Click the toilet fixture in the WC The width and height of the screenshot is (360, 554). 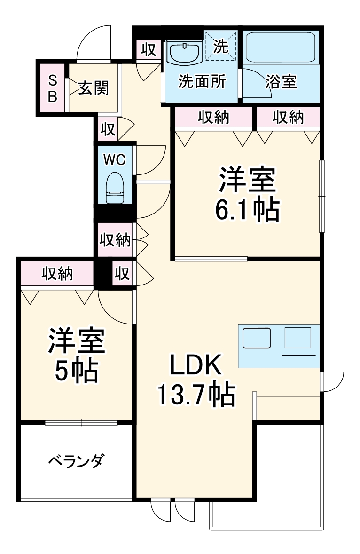coord(115,187)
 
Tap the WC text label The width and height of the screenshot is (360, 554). coord(115,160)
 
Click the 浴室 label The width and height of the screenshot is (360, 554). coord(281,82)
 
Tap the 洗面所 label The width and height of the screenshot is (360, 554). coord(202,82)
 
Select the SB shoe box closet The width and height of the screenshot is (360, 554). coord(53,88)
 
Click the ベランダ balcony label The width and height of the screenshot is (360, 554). coord(75,461)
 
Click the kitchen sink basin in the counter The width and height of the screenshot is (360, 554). coord(257,338)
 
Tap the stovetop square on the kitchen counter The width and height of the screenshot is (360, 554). coord(298,337)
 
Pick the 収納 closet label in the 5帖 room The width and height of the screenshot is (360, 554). coord(57,273)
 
